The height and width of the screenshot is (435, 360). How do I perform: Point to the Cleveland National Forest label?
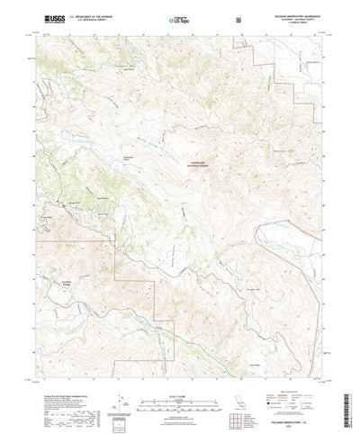pos(196,164)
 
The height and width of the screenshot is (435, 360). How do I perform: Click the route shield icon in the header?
pos(236,19)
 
